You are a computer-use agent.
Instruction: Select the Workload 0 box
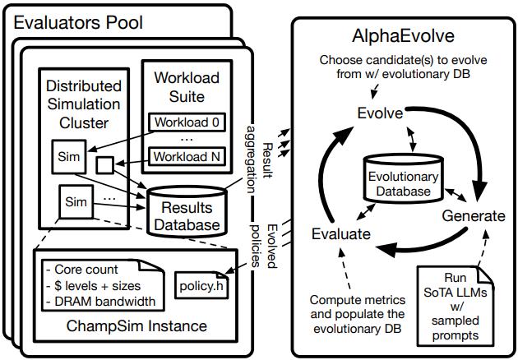tap(185, 123)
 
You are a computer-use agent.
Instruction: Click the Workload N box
tap(185, 155)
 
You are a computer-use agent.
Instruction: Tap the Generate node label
tap(473, 216)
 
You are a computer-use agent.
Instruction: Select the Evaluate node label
tap(342, 233)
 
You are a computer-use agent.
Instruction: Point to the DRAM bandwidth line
tap(103, 302)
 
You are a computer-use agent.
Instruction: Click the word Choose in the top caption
tap(340, 60)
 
